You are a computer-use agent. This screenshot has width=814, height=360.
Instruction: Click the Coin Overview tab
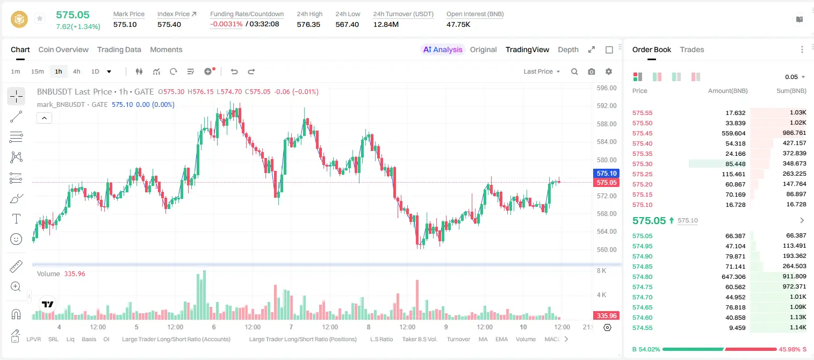pyautogui.click(x=63, y=49)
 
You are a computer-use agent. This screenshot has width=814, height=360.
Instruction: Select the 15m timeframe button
pyautogui.click(x=38, y=71)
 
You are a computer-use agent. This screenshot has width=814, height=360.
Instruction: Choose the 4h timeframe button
pyautogui.click(x=76, y=71)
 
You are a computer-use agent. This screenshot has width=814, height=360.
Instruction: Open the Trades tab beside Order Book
pyautogui.click(x=692, y=49)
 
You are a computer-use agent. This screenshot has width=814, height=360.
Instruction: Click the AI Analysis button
pyautogui.click(x=443, y=49)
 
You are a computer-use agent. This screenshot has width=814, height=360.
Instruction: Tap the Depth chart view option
pyautogui.click(x=568, y=49)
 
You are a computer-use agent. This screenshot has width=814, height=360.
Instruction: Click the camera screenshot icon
pyautogui.click(x=591, y=71)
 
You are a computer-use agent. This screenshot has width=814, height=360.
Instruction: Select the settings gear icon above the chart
pyautogui.click(x=609, y=71)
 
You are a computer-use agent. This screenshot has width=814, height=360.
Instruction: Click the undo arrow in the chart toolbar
pyautogui.click(x=234, y=71)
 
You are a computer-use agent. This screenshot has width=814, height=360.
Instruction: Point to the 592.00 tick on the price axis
pyautogui.click(x=607, y=106)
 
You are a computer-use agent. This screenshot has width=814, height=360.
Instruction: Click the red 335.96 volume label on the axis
pyautogui.click(x=606, y=316)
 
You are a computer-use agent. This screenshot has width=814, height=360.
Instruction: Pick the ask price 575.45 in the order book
pyautogui.click(x=642, y=133)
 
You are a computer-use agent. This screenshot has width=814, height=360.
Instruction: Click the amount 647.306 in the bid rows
pyautogui.click(x=733, y=277)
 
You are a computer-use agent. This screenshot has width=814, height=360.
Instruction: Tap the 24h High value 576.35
pyautogui.click(x=308, y=24)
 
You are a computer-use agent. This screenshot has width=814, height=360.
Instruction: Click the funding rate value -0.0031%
pyautogui.click(x=226, y=24)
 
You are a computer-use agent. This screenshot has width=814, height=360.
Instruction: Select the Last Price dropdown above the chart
pyautogui.click(x=542, y=71)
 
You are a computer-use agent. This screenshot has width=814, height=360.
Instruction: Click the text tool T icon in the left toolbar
pyautogui.click(x=16, y=219)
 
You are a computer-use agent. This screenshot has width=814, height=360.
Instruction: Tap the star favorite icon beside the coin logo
pyautogui.click(x=40, y=18)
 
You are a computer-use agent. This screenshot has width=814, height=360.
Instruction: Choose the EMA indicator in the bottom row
pyautogui.click(x=501, y=339)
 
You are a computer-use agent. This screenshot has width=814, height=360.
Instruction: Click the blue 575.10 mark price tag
pyautogui.click(x=606, y=173)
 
